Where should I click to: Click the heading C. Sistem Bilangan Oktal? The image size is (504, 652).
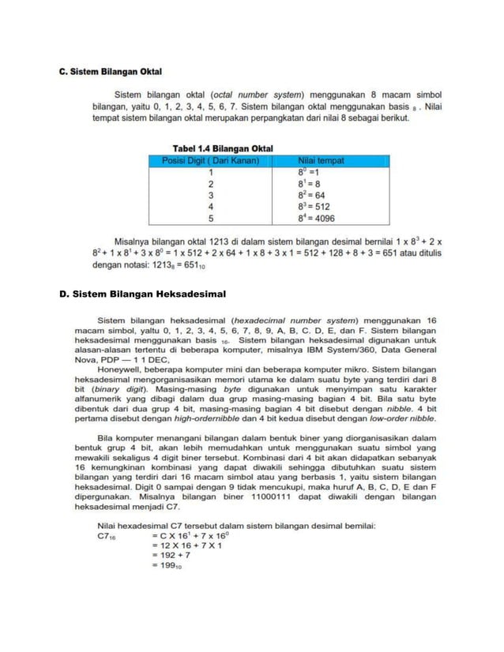pos(111,72)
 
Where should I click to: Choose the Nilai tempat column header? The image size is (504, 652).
pos(320,159)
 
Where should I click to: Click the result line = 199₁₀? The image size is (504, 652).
pos(167,566)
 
